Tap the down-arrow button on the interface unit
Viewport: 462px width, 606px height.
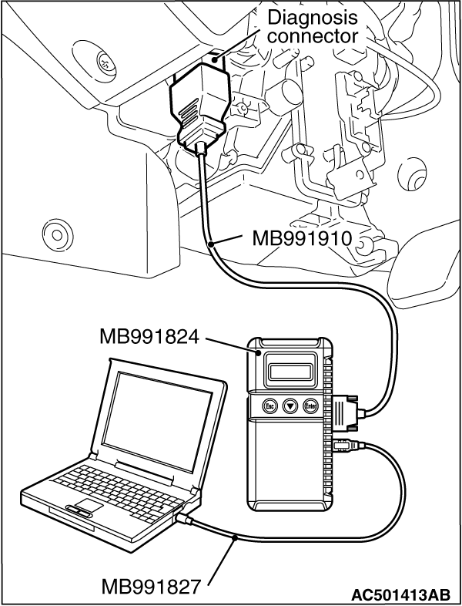click(291, 406)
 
